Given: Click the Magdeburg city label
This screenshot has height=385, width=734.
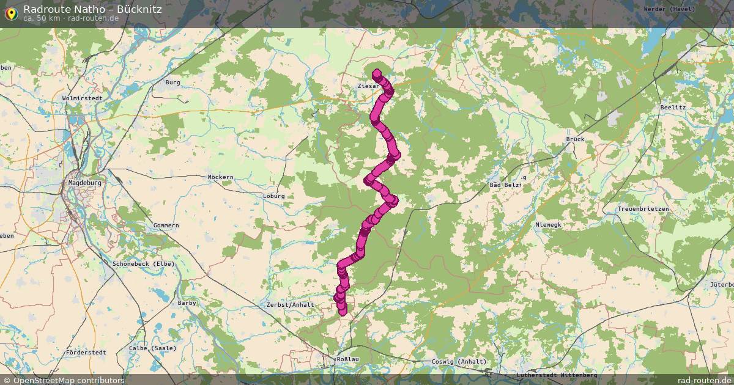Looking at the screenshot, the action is click(84, 182).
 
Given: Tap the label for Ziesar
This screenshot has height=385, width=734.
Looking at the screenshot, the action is click(369, 87).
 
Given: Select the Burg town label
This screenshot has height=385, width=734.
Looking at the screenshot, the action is click(172, 82).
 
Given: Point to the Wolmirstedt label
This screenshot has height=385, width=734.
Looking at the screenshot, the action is click(81, 98).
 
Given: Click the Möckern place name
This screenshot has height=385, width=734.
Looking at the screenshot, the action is click(221, 177).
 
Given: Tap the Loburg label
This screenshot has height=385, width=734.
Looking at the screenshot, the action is click(274, 196).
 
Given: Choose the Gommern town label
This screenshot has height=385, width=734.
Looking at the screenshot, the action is click(166, 226).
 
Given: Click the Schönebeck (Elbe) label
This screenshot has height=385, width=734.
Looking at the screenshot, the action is click(144, 264).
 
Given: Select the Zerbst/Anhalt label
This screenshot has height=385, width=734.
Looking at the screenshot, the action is click(290, 304).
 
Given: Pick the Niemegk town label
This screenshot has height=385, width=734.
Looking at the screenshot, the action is click(548, 225).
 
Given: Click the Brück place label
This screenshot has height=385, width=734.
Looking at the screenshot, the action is click(576, 139).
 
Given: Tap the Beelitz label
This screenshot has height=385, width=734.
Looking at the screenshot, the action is click(673, 107).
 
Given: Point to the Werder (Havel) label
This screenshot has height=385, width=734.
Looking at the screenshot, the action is click(670, 9).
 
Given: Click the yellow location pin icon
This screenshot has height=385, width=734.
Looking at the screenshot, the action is click(10, 12).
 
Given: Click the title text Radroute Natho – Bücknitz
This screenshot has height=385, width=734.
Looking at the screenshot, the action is click(92, 9).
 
